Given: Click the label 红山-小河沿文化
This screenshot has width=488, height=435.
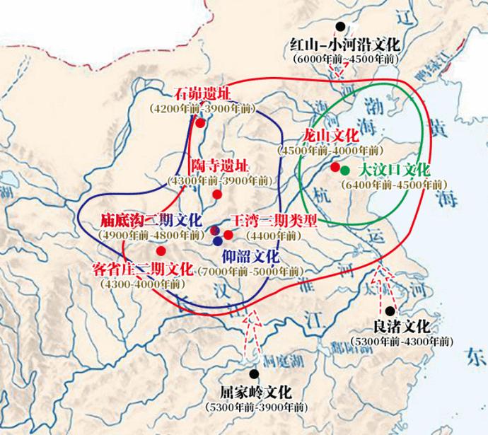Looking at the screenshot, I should (344, 46).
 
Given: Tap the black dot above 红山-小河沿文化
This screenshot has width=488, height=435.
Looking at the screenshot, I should (341, 27).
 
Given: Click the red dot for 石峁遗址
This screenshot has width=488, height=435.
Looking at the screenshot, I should (200, 122).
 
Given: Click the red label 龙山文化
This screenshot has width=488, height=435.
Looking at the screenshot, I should (332, 136).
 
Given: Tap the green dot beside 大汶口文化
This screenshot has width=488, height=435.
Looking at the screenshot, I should (344, 170).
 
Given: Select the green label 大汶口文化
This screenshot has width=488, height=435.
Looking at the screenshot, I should (394, 170).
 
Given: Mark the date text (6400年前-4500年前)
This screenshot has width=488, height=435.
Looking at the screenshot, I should (394, 185).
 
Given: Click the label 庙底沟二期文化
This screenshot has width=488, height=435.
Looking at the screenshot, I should (151, 220).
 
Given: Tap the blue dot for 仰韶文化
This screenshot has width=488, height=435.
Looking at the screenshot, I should (216, 240).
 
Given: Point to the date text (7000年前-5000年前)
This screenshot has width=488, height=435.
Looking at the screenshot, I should (249, 271).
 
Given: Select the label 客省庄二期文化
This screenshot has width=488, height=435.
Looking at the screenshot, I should (142, 269).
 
